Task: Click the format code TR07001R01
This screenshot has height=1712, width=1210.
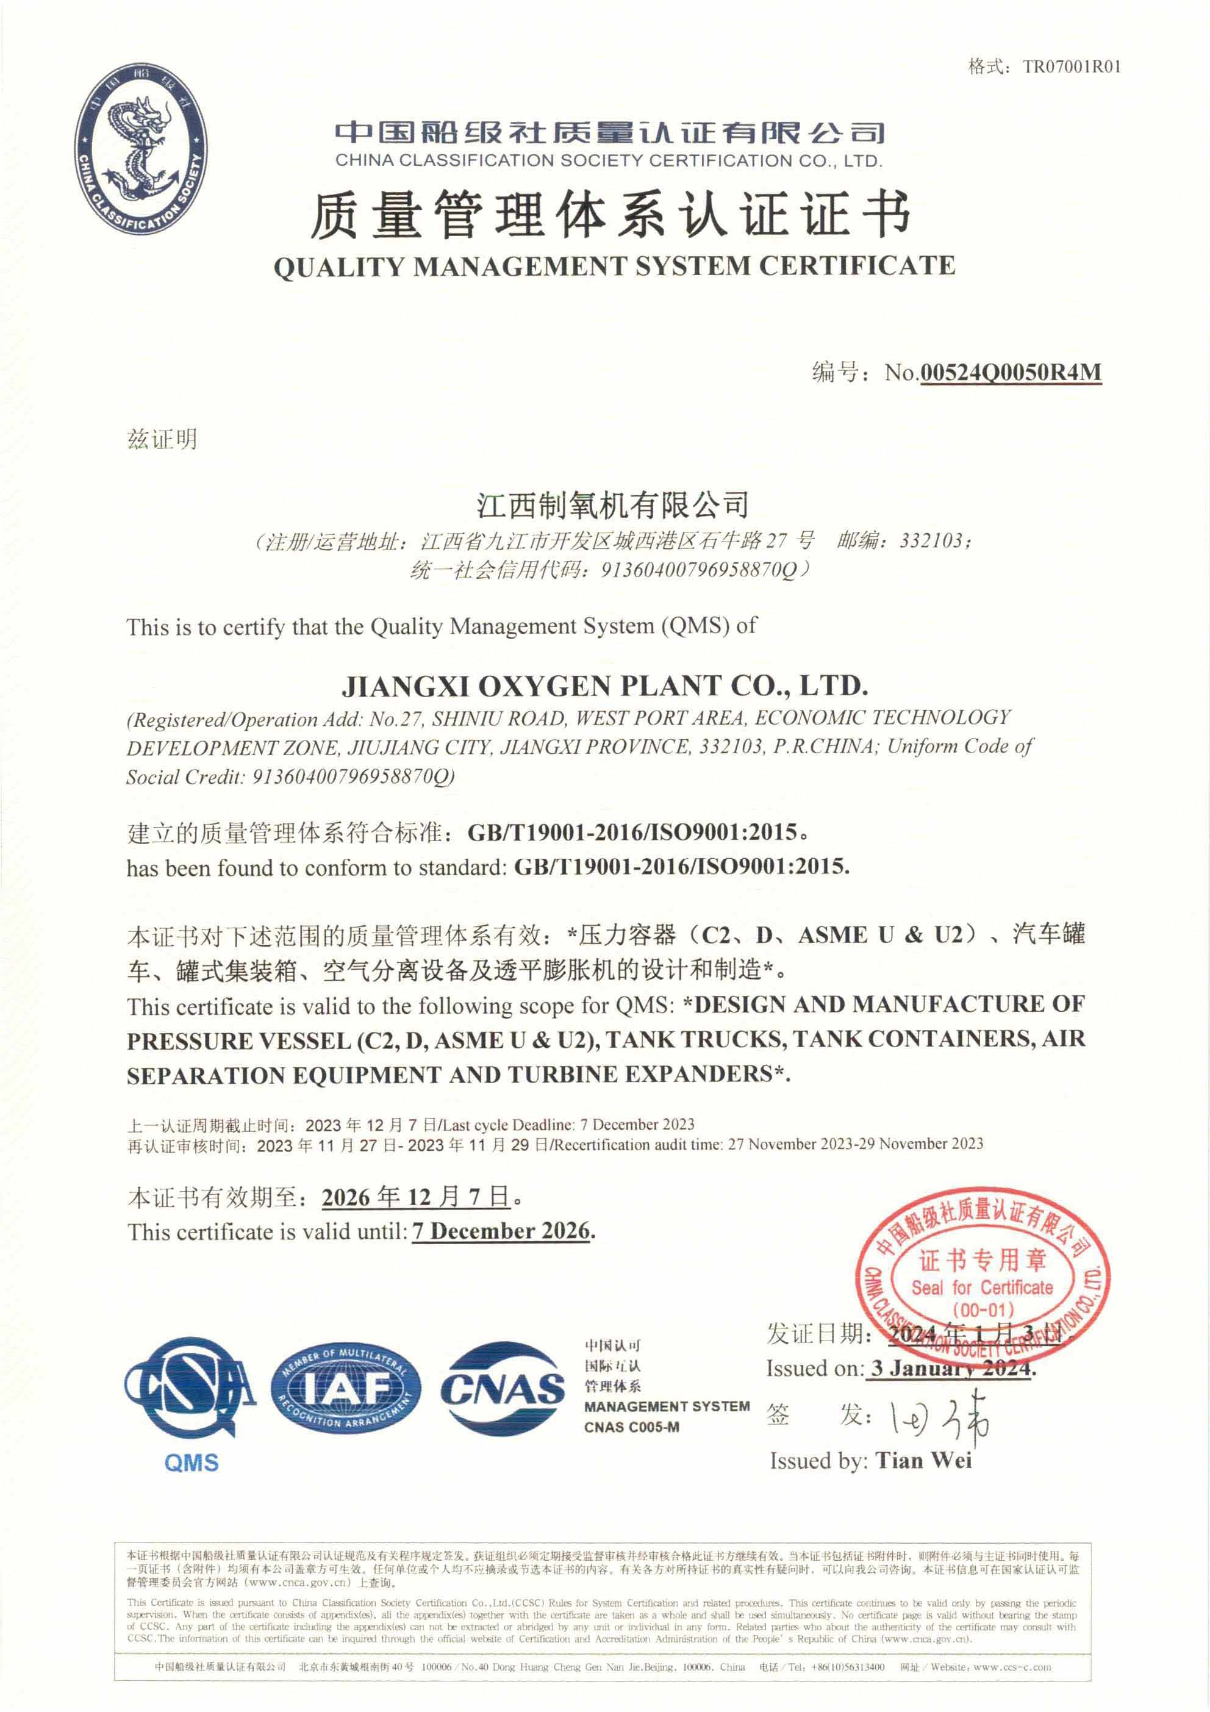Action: click(x=1072, y=67)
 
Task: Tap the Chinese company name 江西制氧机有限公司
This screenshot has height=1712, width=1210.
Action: click(x=613, y=506)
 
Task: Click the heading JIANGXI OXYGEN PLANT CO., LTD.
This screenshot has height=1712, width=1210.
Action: click(x=604, y=686)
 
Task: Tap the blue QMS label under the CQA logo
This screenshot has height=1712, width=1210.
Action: click(x=192, y=1463)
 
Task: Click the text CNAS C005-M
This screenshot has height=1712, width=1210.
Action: click(x=631, y=1427)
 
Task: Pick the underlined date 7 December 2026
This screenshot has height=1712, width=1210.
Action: click(x=502, y=1231)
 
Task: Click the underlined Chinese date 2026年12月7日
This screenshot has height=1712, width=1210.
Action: click(x=416, y=1197)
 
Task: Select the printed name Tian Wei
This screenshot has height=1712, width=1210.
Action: click(x=924, y=1461)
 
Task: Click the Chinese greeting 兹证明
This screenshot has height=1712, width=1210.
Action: click(x=162, y=439)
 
